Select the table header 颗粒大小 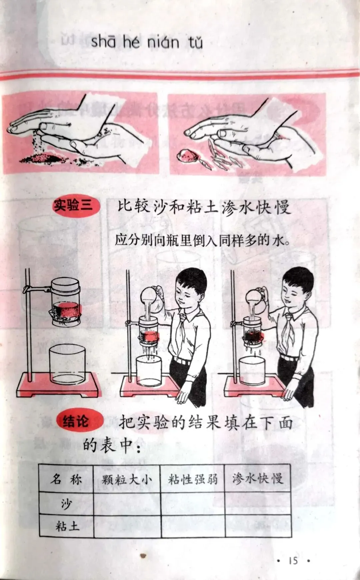[x=127, y=479]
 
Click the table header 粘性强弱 [x=193, y=479]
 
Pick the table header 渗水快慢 [x=258, y=479]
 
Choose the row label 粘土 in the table [x=67, y=526]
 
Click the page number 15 [x=293, y=560]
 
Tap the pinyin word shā [x=103, y=41]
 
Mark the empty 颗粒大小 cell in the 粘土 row [x=127, y=526]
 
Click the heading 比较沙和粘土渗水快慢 [x=204, y=207]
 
